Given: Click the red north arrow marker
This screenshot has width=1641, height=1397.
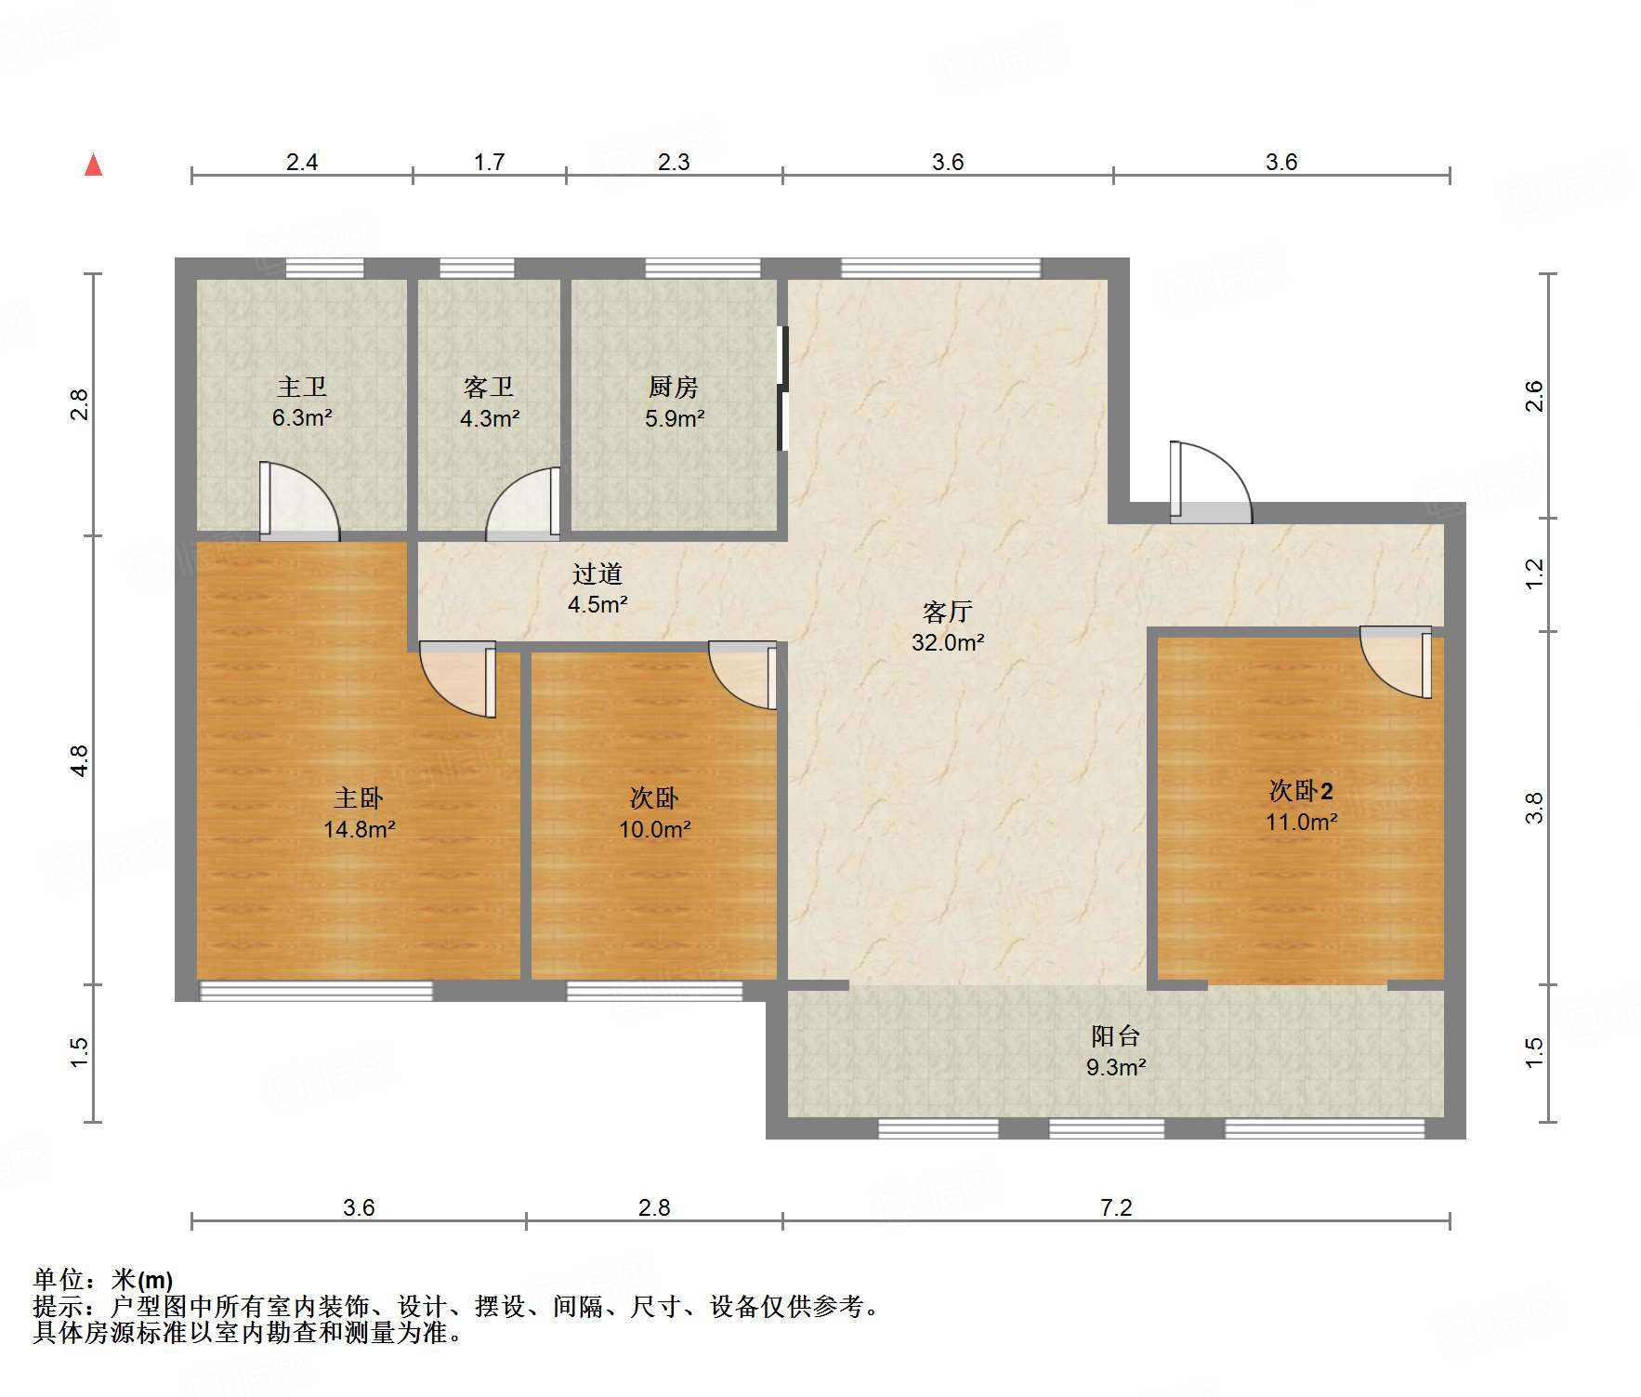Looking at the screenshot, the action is click(93, 165).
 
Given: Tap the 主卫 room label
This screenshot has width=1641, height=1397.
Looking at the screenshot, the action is click(302, 387).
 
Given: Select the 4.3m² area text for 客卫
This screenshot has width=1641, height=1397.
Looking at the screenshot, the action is click(490, 418).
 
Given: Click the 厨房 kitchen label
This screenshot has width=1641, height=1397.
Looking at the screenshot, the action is click(674, 387).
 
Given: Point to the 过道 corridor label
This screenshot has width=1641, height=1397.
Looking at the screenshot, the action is click(597, 573).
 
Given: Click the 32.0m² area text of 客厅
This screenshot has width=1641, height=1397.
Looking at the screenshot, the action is click(948, 642).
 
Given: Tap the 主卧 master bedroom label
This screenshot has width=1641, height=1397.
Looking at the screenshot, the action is click(359, 797).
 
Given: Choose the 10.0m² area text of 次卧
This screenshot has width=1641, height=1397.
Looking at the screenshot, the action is click(655, 829).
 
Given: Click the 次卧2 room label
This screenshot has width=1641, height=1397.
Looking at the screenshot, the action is click(1301, 791).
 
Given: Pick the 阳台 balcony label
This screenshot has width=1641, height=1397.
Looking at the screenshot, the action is click(1115, 1035).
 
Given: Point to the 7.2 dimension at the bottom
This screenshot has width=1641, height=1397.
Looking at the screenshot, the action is click(1116, 1207).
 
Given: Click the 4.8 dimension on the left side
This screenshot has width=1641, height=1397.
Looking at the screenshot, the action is click(80, 761).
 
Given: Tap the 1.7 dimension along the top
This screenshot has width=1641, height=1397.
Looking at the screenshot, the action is click(489, 163).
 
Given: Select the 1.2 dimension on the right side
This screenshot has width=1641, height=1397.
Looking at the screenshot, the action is click(1534, 573).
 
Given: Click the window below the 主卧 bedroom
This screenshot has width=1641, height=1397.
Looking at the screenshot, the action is click(316, 991).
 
